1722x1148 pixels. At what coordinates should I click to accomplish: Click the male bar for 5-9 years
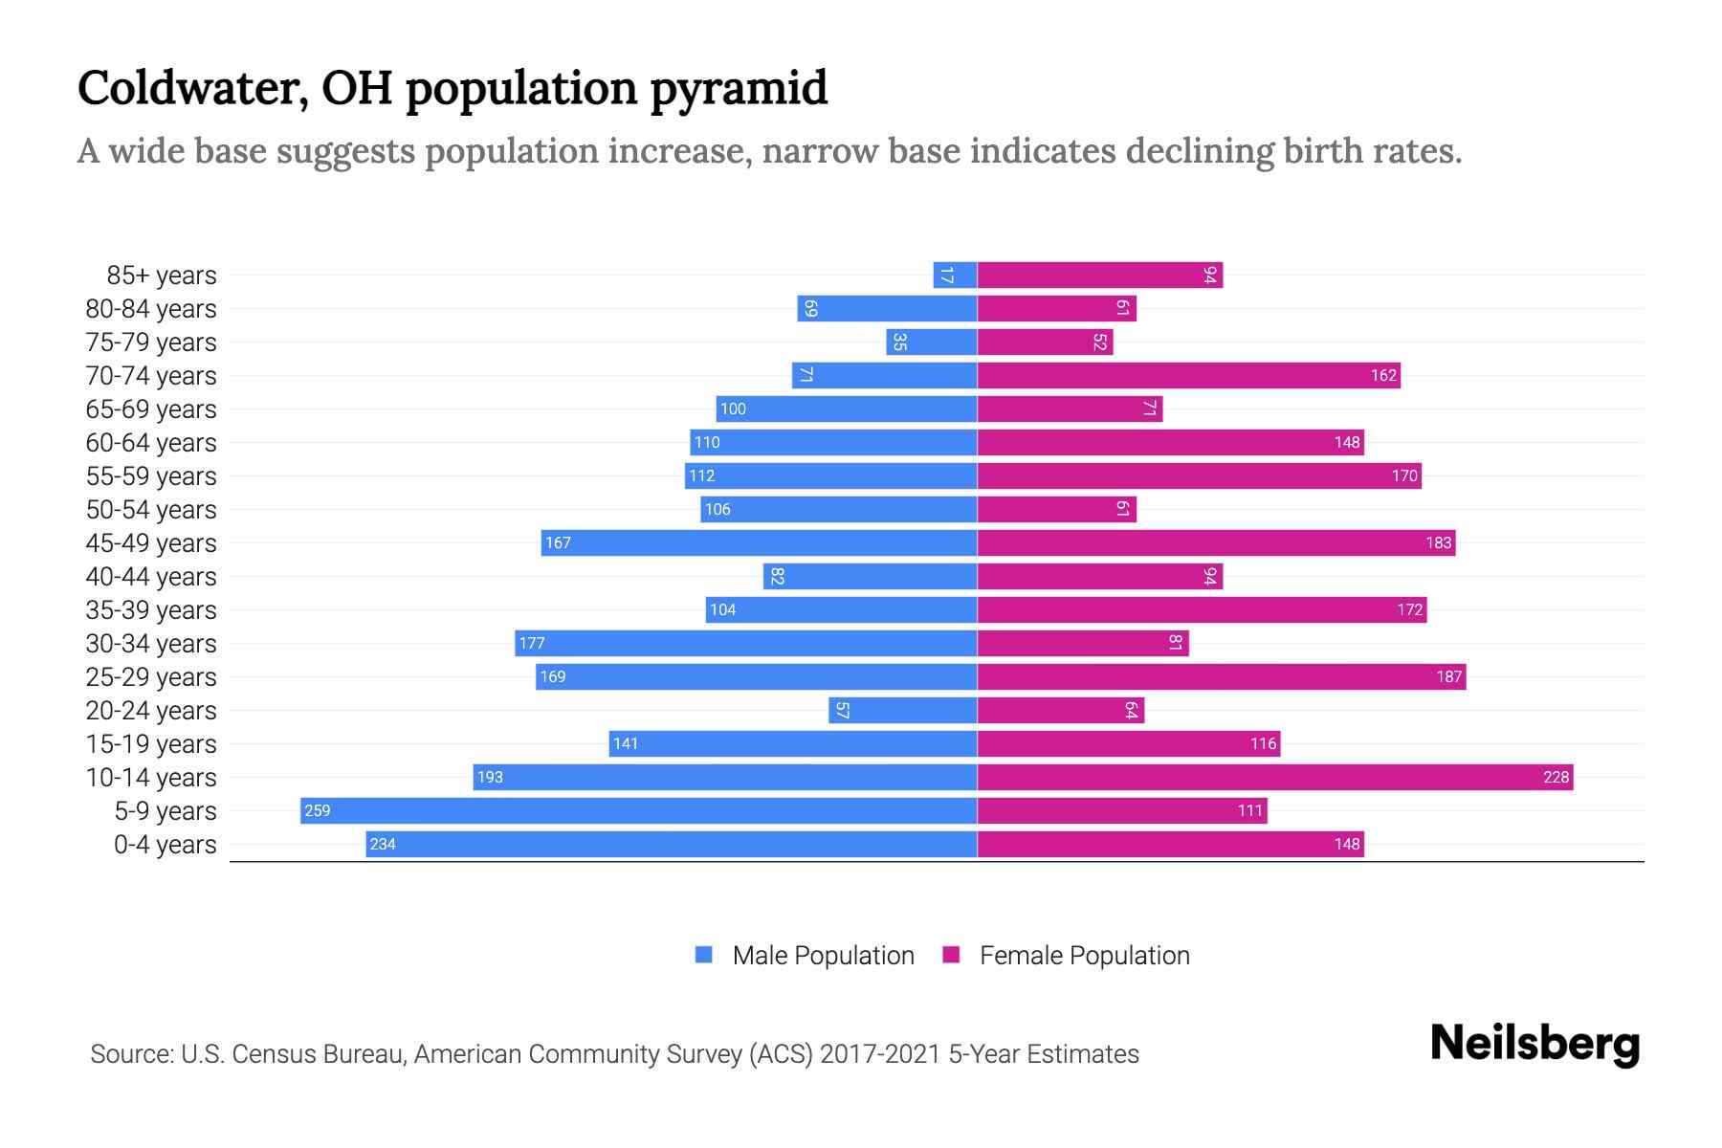click(x=638, y=810)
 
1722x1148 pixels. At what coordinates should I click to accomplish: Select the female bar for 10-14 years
click(x=1274, y=777)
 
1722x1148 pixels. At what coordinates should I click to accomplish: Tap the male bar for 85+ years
click(x=955, y=275)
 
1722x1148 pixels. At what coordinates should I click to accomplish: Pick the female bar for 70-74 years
click(x=1188, y=375)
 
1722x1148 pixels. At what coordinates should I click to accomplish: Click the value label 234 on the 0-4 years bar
click(x=383, y=844)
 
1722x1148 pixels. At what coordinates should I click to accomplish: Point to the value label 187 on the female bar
click(x=1448, y=676)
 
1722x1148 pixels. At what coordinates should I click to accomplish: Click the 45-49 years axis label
click(x=151, y=542)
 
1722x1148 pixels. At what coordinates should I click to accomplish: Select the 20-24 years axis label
click(x=151, y=710)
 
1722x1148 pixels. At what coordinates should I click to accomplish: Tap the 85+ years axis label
click(x=162, y=275)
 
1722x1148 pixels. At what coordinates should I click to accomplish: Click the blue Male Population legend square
click(x=704, y=955)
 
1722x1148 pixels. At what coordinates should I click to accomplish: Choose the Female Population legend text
click(x=1084, y=955)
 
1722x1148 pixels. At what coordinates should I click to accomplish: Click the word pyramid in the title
click(x=739, y=88)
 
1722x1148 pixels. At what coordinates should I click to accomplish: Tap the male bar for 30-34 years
click(x=745, y=643)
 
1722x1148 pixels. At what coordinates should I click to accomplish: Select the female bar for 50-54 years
click(x=1056, y=509)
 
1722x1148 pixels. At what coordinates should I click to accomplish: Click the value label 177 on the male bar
click(x=532, y=643)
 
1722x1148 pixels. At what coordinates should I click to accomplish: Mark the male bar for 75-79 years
click(x=931, y=342)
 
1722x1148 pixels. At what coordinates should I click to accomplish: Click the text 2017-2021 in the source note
click(x=880, y=1054)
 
